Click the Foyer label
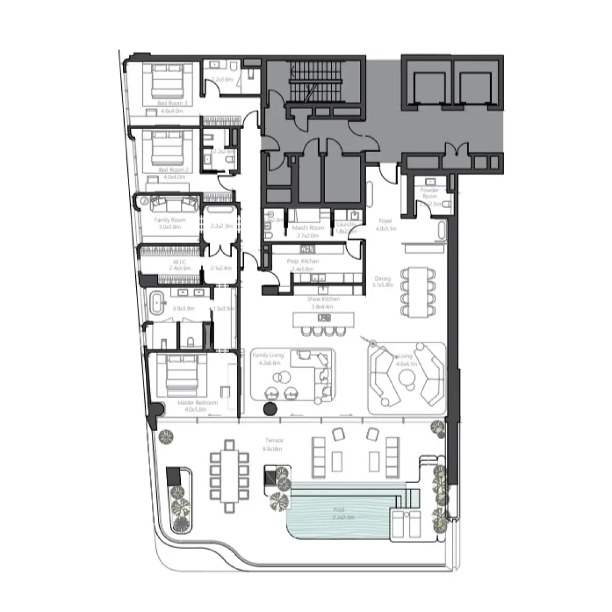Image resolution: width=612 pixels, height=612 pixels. pyautogui.click(x=386, y=221)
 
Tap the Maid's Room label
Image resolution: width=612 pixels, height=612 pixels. pyautogui.click(x=308, y=228)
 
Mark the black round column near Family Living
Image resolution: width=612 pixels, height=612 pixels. pyautogui.click(x=270, y=410)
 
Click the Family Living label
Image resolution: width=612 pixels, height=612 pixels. pyautogui.click(x=268, y=356)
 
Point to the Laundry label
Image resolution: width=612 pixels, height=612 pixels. pyautogui.click(x=346, y=224)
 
